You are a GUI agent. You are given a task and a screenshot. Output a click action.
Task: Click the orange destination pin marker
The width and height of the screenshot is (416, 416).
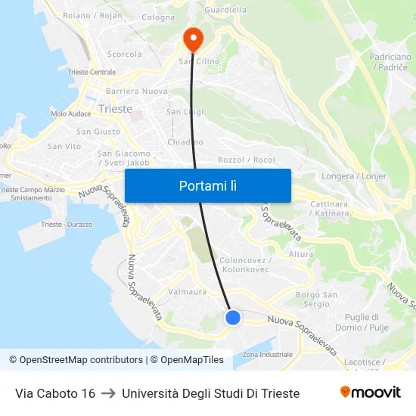click(192, 39)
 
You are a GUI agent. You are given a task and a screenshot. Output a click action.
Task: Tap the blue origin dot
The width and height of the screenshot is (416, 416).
click(233, 318)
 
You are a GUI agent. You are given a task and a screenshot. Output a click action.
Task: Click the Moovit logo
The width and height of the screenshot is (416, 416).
click(371, 393)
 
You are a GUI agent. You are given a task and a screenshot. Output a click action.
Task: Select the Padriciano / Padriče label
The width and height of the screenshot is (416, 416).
click(390, 61)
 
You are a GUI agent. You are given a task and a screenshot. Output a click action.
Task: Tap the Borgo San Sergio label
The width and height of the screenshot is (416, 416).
click(316, 299)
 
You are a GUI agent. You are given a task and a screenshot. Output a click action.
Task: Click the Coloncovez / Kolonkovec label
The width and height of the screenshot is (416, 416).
click(246, 265)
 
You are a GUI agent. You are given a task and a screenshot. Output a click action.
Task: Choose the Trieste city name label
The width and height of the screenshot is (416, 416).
click(115, 109)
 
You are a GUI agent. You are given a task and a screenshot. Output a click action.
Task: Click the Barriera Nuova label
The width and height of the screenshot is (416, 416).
click(137, 91)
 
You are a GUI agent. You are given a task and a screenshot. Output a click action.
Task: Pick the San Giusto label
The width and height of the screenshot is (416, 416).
click(98, 132)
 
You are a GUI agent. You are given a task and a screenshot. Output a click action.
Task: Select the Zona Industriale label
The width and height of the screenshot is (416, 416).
click(267, 354)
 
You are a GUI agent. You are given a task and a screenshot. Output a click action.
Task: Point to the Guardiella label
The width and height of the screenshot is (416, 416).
click(225, 10)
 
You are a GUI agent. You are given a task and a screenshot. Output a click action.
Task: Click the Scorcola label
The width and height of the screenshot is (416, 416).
click(125, 54)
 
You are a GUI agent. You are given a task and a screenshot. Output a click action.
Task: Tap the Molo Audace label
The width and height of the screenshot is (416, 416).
click(70, 113)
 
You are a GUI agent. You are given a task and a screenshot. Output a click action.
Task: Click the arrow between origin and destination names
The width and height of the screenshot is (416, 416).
click(108, 393)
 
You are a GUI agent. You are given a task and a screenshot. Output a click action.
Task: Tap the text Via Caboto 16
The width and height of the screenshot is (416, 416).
click(55, 393)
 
